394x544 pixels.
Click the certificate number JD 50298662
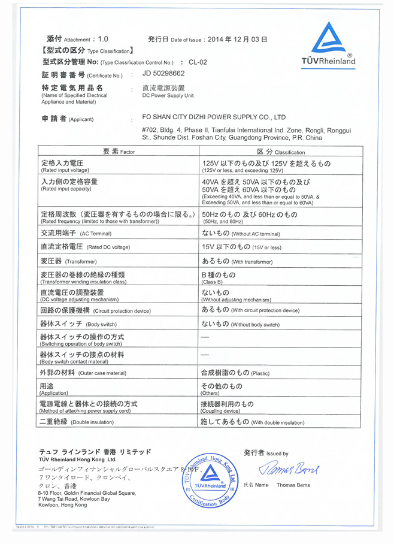(x=163, y=74)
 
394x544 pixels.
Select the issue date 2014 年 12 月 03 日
(x=237, y=40)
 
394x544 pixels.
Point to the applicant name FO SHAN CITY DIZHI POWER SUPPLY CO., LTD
(x=214, y=117)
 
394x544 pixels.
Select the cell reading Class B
(x=219, y=277)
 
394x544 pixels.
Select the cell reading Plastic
(x=235, y=373)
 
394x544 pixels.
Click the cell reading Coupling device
(x=227, y=407)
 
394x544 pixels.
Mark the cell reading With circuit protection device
(x=250, y=310)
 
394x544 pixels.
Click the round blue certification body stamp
(x=213, y=479)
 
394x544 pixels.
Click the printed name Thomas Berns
(x=293, y=485)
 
